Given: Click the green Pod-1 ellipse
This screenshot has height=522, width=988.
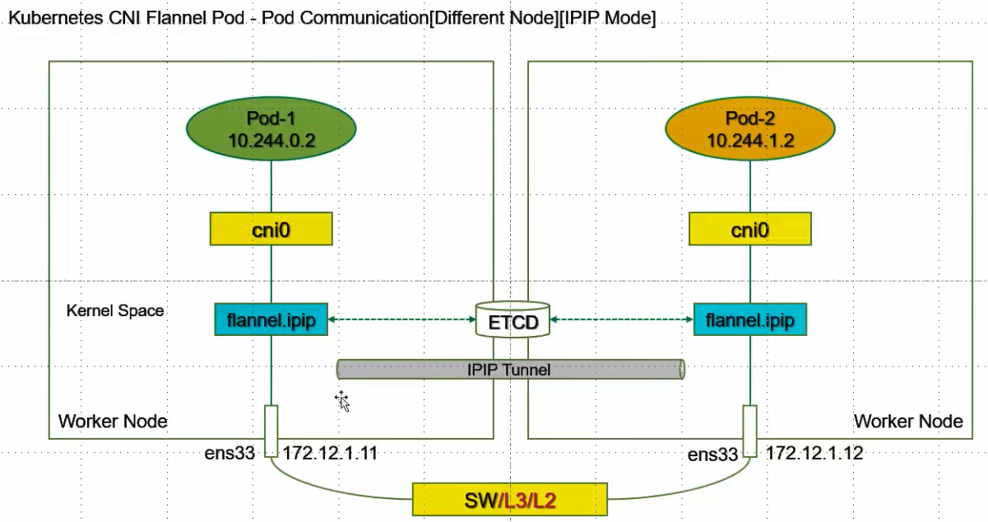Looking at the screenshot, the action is pyautogui.click(x=271, y=128).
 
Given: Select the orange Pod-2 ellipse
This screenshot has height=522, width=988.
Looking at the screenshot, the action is pyautogui.click(x=750, y=128).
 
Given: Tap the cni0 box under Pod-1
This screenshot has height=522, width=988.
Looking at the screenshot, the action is pyautogui.click(x=271, y=229).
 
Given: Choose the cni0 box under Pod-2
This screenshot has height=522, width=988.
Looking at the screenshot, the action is pyautogui.click(x=750, y=229).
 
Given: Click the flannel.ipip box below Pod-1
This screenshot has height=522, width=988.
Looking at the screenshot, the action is pyautogui.click(x=271, y=319).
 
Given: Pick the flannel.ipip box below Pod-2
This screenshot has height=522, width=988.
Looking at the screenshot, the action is pyautogui.click(x=750, y=319).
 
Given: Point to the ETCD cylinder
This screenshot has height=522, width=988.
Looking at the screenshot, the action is pyautogui.click(x=513, y=319).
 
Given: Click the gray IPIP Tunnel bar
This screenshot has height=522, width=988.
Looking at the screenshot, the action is pyautogui.click(x=511, y=369).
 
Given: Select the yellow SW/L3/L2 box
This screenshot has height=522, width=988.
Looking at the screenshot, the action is pyautogui.click(x=510, y=500).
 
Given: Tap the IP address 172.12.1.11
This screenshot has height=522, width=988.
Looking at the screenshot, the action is pyautogui.click(x=330, y=453).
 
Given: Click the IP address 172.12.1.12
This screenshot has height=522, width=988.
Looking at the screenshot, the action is pyautogui.click(x=814, y=453).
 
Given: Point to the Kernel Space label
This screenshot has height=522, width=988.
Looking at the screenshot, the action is pyautogui.click(x=115, y=310).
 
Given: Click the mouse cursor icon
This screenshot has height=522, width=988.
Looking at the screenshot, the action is pyautogui.click(x=342, y=401).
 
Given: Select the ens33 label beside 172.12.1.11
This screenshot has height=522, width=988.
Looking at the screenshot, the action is pyautogui.click(x=230, y=453).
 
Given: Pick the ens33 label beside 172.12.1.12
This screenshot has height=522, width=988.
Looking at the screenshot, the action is pyautogui.click(x=712, y=454).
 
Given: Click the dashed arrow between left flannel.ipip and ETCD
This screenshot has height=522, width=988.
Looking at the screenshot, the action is pyautogui.click(x=401, y=319).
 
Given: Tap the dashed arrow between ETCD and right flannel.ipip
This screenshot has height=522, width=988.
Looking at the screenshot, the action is pyautogui.click(x=622, y=319).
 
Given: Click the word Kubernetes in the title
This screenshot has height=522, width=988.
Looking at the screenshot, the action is pyautogui.click(x=56, y=17).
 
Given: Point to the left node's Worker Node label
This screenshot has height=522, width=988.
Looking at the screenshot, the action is pyautogui.click(x=113, y=422).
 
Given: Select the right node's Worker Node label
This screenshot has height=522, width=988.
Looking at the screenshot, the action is pyautogui.click(x=908, y=422).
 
